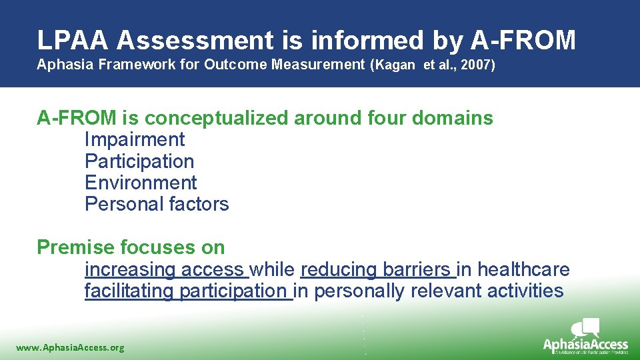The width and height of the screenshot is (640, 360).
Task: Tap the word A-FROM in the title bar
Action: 523,41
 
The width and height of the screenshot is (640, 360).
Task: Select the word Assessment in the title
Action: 194,41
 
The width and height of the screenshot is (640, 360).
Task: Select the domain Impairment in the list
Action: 135,140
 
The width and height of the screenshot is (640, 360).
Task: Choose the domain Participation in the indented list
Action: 139,161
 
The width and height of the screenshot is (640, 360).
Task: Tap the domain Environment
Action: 141,183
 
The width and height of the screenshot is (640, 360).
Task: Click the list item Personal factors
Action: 157,204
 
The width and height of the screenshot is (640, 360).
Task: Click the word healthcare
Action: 523,269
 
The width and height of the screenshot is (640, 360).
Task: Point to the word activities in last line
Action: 525,291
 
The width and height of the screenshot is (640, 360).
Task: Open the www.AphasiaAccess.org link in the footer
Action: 70,347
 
